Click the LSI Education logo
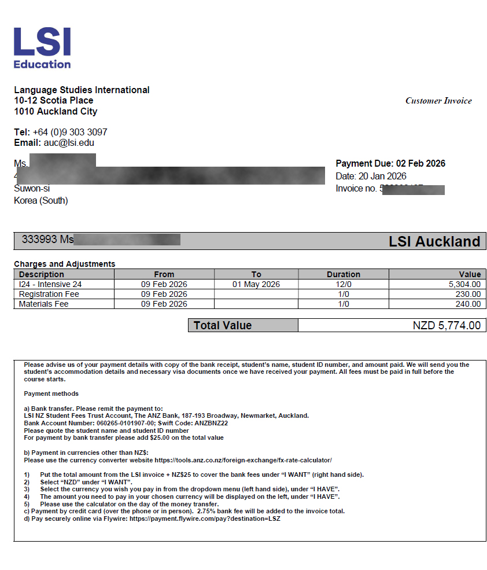[42, 48]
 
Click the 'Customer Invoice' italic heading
[438, 101]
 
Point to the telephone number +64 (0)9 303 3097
[70, 132]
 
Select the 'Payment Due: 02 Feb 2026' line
[390, 164]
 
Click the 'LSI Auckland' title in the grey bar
[434, 241]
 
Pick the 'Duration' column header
[343, 274]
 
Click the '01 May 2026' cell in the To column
[256, 284]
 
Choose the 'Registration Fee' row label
[49, 294]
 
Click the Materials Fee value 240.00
[467, 304]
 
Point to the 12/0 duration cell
[343, 284]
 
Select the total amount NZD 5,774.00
[447, 325]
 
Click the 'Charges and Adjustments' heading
[64, 264]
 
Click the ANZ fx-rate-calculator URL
[243, 460]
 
